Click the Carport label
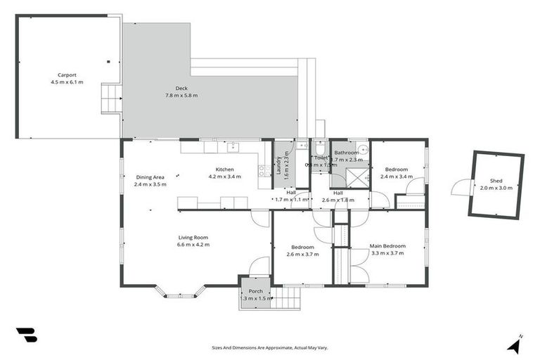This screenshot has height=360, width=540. click(67, 75)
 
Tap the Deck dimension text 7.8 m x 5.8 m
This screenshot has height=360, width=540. click(181, 95)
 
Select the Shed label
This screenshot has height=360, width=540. click(496, 181)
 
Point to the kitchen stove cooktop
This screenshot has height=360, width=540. click(265, 169)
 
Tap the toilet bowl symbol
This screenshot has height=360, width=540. click(320, 148)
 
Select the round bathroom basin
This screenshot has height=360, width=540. click(362, 148)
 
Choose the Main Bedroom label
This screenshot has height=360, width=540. click(387, 246)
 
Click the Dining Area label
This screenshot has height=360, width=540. click(149, 177)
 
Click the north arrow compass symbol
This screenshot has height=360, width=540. click(515, 345)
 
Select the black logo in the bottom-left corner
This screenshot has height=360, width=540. click(27, 335)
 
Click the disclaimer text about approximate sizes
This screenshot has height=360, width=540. click(269, 347)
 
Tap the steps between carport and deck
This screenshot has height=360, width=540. click(111, 98)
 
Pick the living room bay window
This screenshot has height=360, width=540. click(180, 292)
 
